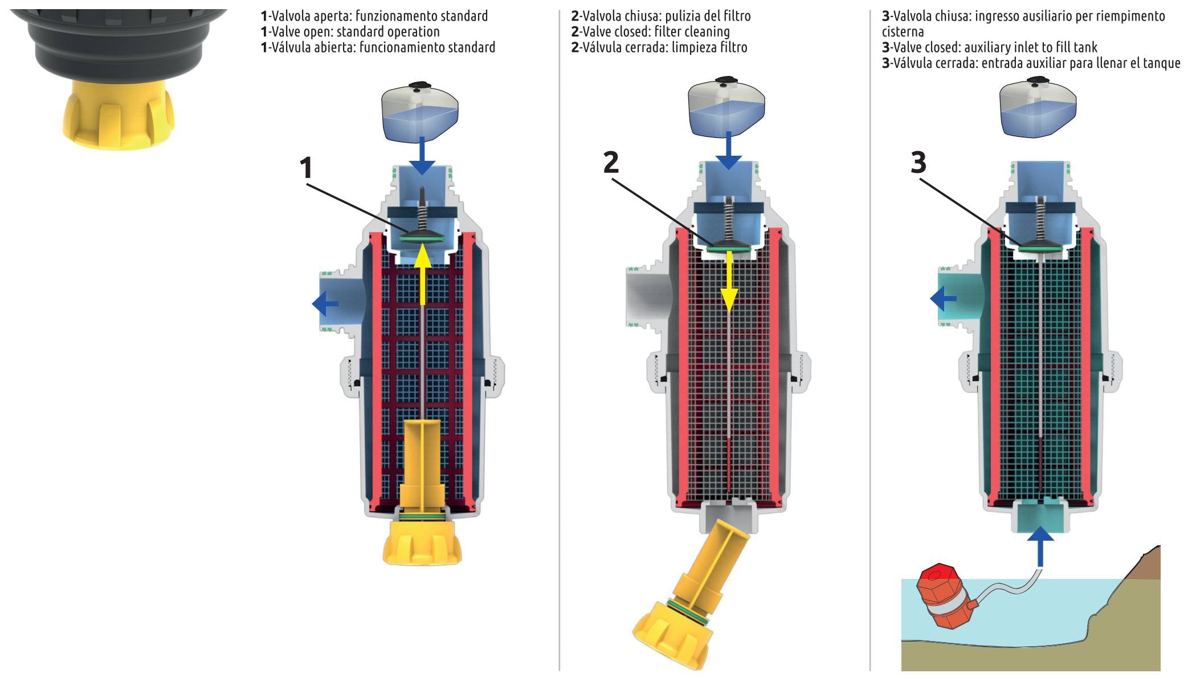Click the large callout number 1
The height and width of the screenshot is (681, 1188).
pos(306,168)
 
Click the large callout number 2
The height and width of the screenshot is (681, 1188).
pos(611,163)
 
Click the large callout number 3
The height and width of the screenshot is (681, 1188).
pos(918,163)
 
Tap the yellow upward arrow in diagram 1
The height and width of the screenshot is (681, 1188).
pos(422,274)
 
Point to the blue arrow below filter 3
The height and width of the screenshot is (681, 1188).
pos(1041,546)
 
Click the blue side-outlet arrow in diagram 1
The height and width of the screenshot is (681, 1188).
pos(325,303)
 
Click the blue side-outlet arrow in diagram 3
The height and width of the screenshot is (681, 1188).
pos(943,298)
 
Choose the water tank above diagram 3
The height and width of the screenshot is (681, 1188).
pos(1038,108)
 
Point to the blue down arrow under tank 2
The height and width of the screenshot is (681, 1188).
pos(728,151)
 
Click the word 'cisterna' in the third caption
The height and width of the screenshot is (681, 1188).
pos(903,32)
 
